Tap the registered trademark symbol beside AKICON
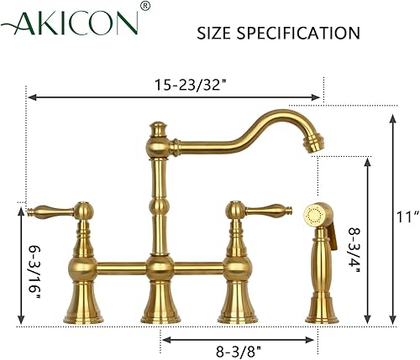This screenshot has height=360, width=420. click(145, 8)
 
